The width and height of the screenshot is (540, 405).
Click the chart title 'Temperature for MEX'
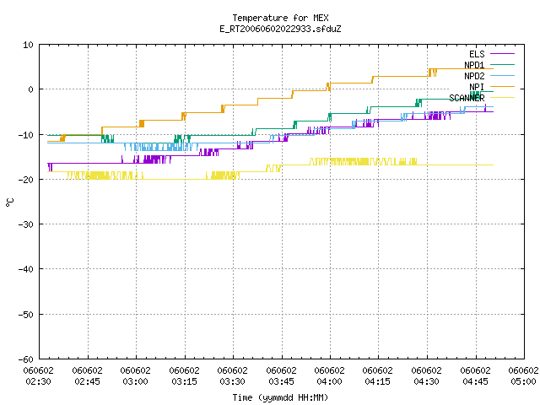280,18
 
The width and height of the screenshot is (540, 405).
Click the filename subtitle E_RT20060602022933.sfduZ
280,29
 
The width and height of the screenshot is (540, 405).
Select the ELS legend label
477,54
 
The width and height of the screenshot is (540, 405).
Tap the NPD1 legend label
474,65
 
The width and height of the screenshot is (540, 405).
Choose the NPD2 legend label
474,76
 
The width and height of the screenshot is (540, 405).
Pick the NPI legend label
477,87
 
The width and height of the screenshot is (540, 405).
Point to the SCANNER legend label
467,98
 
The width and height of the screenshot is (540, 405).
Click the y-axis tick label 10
28,45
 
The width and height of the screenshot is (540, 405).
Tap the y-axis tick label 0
31,89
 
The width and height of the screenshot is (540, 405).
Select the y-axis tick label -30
26,224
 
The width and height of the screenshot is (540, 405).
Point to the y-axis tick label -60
26,359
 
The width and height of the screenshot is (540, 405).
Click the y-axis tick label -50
26,315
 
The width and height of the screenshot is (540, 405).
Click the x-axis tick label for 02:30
39,376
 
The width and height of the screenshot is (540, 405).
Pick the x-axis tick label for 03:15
184,376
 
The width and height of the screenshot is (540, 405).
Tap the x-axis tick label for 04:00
330,376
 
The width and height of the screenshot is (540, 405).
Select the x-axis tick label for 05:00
523,376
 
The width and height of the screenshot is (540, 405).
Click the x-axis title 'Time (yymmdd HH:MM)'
280,397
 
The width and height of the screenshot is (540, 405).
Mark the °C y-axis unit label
9,202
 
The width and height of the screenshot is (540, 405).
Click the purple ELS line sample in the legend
502,54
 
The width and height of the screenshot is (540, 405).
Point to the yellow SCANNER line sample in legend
502,98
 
